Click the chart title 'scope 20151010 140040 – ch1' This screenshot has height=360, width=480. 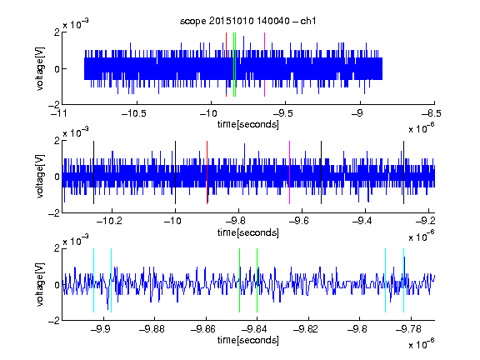pos(248,21)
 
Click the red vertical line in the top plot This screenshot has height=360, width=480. pos(226,64)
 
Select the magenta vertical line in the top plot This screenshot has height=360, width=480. pos(264,64)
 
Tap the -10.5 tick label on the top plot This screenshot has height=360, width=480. pos(134,113)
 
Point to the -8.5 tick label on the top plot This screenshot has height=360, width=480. pos(432,113)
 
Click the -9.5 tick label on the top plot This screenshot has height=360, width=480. pos(282,113)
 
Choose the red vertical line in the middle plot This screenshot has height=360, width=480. pos(207,172)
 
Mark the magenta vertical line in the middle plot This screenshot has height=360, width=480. pos(290,172)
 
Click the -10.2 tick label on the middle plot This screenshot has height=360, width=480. pos(109,221)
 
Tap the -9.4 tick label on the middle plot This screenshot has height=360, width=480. pos(362,221)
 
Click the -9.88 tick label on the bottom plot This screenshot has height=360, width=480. pos(152,329)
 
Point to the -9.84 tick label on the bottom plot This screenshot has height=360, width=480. pos(254,329)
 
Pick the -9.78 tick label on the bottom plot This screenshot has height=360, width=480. pos(408,329)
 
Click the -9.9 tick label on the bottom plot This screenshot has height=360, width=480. pos(101,329)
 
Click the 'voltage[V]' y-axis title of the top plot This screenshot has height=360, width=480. pos(40,68)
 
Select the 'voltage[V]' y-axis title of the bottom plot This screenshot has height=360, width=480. pos(40,284)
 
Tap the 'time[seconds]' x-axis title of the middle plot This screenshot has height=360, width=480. pos(248,232)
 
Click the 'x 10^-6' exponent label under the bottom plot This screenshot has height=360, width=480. pos(422,343)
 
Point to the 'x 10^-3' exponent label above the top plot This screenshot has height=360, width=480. pos(76,23)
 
